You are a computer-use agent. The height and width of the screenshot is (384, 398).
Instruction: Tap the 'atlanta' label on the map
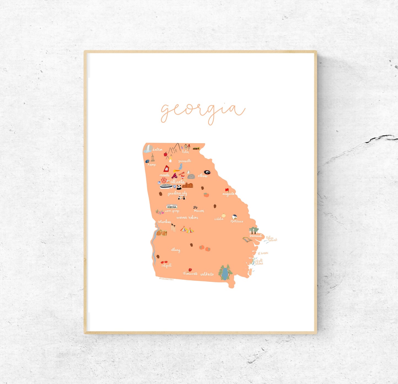[177, 182]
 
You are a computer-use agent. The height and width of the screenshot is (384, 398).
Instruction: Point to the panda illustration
[179, 187]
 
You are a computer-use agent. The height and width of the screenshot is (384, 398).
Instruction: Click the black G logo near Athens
[207, 172]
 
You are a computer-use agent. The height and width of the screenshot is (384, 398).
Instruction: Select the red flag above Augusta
[227, 190]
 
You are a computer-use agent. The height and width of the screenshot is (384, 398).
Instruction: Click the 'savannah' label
[256, 236]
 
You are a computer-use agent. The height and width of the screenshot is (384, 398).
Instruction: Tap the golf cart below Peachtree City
[182, 197]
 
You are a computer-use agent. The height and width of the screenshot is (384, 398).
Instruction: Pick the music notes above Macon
[196, 207]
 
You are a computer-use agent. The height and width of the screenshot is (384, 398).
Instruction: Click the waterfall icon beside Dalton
[148, 149]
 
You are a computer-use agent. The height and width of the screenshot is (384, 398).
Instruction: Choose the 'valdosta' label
[207, 274]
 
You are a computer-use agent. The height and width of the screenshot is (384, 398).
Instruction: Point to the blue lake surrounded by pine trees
[225, 273]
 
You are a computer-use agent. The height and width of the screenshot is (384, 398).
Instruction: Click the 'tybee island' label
[271, 239]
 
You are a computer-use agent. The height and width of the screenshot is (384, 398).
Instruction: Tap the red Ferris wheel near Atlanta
[164, 181]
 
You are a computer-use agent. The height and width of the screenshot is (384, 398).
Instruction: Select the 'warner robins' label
[187, 217]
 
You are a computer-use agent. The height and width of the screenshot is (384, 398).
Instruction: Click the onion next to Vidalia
[223, 216]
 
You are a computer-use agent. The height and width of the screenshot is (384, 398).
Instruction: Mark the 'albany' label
[175, 250]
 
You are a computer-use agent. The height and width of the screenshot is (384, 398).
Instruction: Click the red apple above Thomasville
[190, 270]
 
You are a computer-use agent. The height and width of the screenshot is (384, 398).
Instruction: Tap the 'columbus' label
[164, 222]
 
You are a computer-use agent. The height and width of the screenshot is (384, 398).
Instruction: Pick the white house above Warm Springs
[172, 206]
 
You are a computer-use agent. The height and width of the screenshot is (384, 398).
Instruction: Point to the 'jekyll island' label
[259, 262]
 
